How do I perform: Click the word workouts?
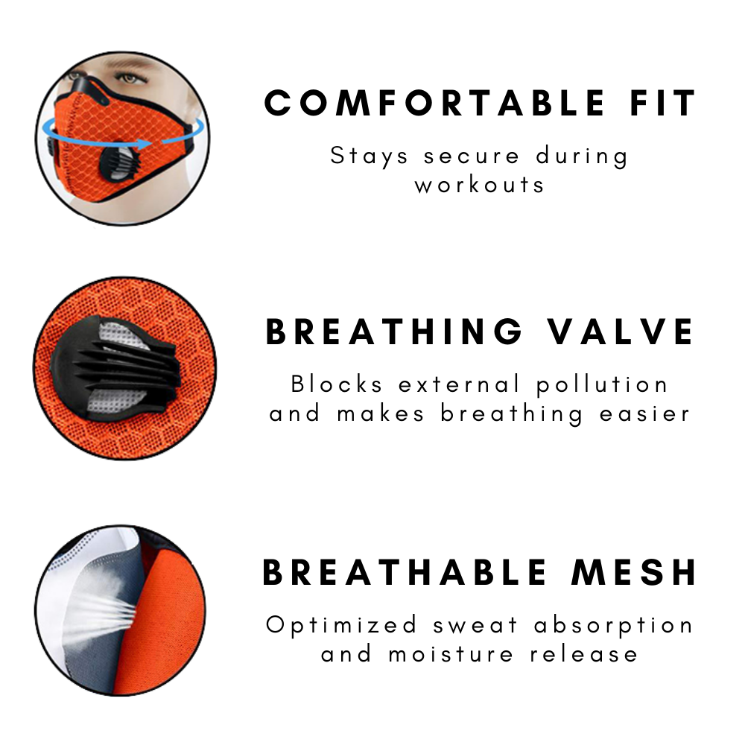pyautogui.click(x=480, y=184)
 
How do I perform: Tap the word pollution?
pyautogui.click(x=602, y=384)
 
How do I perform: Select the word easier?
pyautogui.click(x=645, y=413)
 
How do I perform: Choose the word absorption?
pyautogui.click(x=614, y=625)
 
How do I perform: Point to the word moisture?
pyautogui.click(x=451, y=654)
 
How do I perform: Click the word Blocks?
pyautogui.click(x=337, y=384)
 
